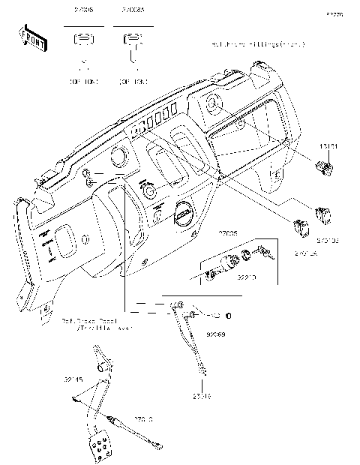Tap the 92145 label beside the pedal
(x=73, y=379)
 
